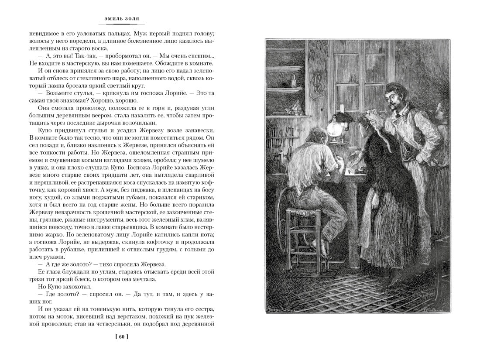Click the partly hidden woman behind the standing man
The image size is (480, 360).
point(442,111)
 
